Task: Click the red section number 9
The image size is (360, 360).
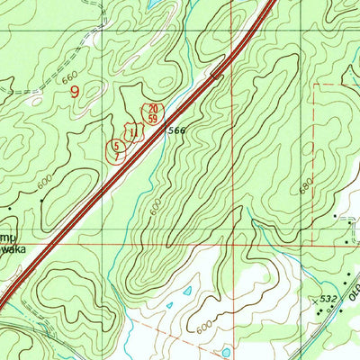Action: tap(74, 91)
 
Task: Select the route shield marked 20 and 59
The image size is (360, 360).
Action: tap(153, 112)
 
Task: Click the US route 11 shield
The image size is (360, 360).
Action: tap(134, 132)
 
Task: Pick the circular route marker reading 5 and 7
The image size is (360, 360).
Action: tap(115, 149)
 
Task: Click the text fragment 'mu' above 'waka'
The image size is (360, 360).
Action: tap(11, 237)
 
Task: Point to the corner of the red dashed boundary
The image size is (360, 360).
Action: tap(314, 86)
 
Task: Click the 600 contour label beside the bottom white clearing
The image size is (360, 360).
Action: tap(206, 333)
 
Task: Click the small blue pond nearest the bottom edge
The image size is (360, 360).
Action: tap(226, 350)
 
